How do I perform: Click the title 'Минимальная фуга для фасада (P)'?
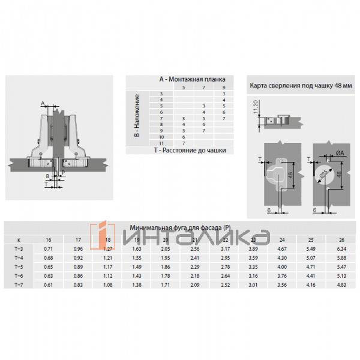coord(180,228)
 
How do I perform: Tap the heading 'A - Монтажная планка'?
coord(191,79)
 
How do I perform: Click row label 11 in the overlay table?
coord(161,143)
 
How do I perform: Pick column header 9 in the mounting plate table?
coord(224,88)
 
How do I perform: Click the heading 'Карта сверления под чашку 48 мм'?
coord(300,86)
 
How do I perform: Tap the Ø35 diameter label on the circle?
coord(324,176)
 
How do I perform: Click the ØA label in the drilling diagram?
coord(340,154)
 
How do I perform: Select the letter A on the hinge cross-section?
coord(43,103)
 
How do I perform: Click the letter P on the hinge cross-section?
coord(62,173)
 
